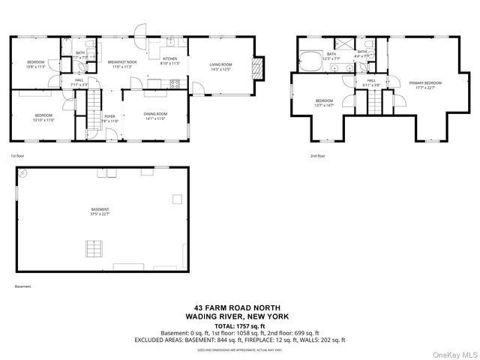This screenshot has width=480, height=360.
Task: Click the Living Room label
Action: tap(220, 65)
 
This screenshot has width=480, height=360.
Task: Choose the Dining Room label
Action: tap(155, 115)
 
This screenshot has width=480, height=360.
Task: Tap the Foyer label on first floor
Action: tap(109, 117)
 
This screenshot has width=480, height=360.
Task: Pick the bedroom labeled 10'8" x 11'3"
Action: tap(36, 63)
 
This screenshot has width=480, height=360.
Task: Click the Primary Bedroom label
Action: tap(425, 83)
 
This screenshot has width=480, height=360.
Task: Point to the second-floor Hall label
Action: tap(371, 81)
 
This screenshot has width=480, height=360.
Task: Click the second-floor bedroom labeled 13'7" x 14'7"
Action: tap(324, 102)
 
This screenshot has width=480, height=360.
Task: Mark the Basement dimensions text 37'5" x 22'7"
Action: tap(100, 214)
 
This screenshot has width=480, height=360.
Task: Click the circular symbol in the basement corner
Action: tap(23, 172)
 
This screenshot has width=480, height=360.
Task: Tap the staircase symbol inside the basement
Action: tap(93, 247)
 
